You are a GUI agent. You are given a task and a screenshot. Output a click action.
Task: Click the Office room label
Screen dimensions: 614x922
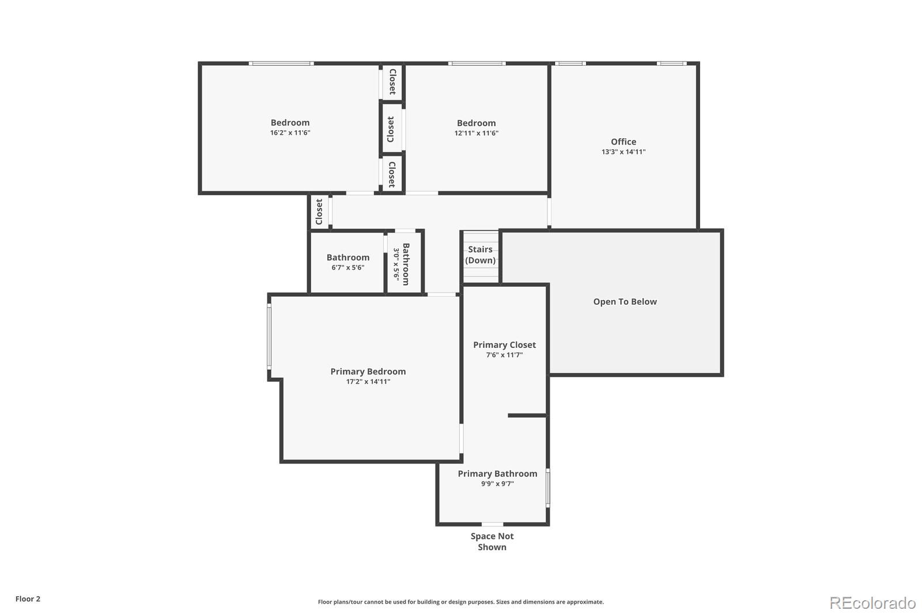(624, 142)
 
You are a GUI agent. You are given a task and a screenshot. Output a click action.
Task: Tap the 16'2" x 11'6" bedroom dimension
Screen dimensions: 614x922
(290, 133)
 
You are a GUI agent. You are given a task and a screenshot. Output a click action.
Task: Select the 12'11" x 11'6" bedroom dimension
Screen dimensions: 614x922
(476, 134)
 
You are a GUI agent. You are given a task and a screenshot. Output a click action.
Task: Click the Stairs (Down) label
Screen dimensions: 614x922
(480, 255)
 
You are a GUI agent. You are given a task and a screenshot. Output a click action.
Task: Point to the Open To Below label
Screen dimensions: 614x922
(625, 302)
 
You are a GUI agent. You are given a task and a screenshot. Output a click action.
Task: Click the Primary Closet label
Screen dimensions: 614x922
(504, 345)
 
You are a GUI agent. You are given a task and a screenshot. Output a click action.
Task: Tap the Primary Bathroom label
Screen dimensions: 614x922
(497, 474)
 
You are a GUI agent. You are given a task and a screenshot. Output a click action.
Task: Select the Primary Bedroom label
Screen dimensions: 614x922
(368, 372)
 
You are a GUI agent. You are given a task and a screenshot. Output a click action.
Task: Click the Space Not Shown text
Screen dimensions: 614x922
(492, 541)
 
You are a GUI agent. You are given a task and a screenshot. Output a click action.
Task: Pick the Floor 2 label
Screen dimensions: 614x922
(28, 599)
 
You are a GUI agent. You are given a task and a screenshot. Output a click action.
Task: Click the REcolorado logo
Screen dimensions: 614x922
(872, 603)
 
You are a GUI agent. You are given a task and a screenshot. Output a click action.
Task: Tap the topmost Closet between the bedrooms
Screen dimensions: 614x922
(392, 82)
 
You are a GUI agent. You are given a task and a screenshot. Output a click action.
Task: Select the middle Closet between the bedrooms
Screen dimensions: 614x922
(391, 130)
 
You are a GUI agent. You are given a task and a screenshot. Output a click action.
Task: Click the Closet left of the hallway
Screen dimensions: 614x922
(319, 212)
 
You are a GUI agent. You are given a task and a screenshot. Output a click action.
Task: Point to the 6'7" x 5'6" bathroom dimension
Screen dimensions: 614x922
(347, 268)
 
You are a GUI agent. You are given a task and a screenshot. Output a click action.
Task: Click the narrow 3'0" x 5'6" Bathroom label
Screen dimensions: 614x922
(406, 264)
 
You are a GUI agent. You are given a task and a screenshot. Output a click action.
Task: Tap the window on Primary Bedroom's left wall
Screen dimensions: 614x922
(269, 337)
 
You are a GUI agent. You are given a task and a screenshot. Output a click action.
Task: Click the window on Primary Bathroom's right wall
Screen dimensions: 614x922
(547, 487)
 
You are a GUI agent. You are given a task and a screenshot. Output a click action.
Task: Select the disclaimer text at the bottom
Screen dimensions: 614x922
(460, 602)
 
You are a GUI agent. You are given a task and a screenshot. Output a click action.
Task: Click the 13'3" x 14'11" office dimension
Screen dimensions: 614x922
(623, 153)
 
